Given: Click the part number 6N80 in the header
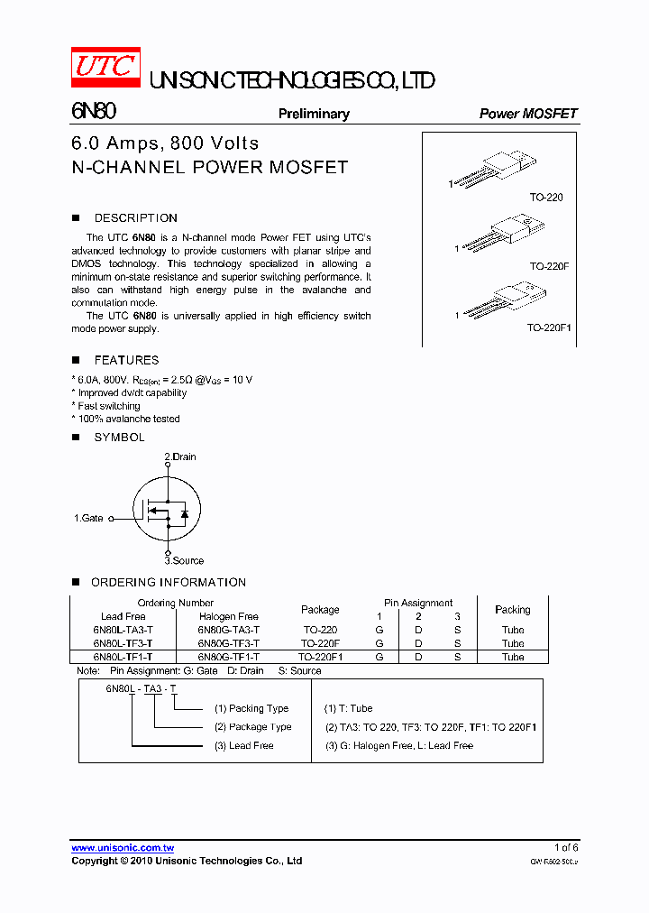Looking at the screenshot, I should [x=93, y=112].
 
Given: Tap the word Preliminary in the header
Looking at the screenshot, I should [x=314, y=114].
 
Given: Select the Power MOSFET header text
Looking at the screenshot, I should [x=527, y=114].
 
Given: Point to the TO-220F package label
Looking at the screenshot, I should [x=549, y=266].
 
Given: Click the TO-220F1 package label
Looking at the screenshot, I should [x=549, y=328].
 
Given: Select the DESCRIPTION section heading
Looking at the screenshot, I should [x=135, y=218].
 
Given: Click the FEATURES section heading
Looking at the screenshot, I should [x=126, y=360].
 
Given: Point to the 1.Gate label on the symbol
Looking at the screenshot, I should [x=88, y=519].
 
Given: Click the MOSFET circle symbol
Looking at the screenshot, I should [x=167, y=510].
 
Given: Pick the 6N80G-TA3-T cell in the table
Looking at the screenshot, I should [x=229, y=630].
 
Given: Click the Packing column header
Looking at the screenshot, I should [x=513, y=610].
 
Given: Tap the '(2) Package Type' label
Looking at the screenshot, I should [x=253, y=726].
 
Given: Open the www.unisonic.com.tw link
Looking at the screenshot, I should [x=123, y=848].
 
